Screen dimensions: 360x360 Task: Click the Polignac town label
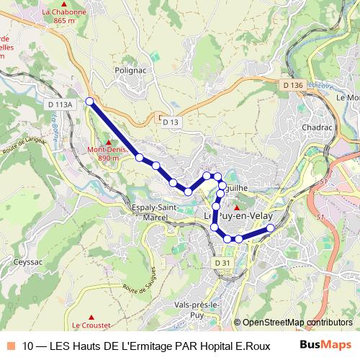pyautogui.click(x=131, y=71)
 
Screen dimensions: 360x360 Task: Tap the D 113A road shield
pyautogui.click(x=60, y=104)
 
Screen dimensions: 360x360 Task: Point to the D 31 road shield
pyautogui.click(x=223, y=263)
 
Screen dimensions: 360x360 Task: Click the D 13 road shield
pyautogui.click(x=170, y=122)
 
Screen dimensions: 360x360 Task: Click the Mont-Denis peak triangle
pyautogui.click(x=108, y=142)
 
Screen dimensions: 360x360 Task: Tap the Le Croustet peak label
pyautogui.click(x=91, y=325)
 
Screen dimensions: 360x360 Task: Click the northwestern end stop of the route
pyautogui.click(x=89, y=102)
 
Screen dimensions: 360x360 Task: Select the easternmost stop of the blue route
pyautogui.click(x=271, y=228)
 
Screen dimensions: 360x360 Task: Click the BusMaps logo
pyautogui.click(x=325, y=345)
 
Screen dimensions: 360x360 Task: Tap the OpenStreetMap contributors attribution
pyautogui.click(x=296, y=323)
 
